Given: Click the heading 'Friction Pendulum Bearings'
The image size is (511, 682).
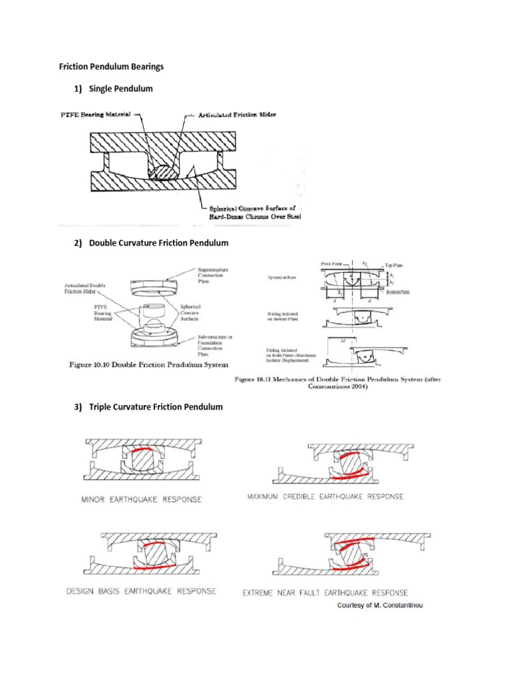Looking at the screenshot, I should point(107,67).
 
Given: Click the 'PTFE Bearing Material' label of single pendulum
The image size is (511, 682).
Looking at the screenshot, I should point(98,116).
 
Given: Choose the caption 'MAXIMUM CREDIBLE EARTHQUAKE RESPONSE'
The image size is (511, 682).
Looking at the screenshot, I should point(325,496).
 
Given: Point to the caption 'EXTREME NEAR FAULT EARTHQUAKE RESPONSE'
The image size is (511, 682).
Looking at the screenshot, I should point(325,592).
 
